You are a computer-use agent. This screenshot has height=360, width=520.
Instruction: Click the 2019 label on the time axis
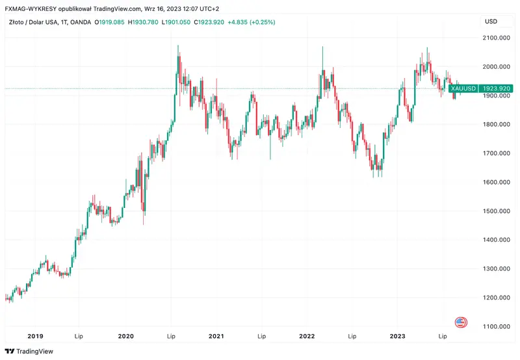pyautogui.click(x=35, y=337)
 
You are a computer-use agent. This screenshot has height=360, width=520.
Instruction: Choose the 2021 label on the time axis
pyautogui.click(x=216, y=337)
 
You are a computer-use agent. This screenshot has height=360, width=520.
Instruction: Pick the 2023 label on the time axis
pyautogui.click(x=397, y=337)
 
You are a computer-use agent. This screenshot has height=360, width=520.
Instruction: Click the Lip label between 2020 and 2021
pyautogui.click(x=171, y=337)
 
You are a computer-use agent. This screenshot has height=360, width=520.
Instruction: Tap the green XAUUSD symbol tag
pyautogui.click(x=463, y=88)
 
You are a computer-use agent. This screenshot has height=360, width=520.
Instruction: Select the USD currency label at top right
pyautogui.click(x=491, y=22)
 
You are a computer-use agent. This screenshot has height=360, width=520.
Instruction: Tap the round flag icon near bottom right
pyautogui.click(x=461, y=322)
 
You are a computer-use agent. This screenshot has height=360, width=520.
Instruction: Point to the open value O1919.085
pyautogui.click(x=110, y=22)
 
